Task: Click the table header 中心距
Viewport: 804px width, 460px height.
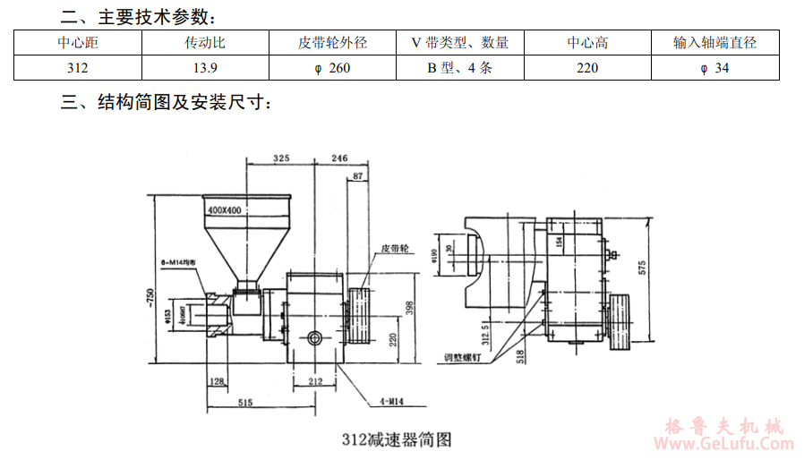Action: [x=78, y=42]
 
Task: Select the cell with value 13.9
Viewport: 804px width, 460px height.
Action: [x=205, y=67]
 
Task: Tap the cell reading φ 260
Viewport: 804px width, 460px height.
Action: [x=332, y=67]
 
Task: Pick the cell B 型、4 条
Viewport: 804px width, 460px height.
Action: [x=459, y=67]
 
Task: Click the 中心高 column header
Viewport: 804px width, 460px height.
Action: [x=587, y=42]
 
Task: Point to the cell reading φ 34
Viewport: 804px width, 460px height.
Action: [x=714, y=67]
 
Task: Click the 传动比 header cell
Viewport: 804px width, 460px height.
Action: [x=205, y=42]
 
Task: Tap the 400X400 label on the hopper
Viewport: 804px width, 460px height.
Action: [x=224, y=209]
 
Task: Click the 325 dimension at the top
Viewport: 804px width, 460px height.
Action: [x=281, y=158]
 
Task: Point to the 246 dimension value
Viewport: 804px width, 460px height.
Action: [x=339, y=158]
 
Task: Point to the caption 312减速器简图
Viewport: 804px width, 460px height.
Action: [x=396, y=439]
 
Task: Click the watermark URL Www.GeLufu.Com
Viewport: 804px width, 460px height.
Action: [x=725, y=444]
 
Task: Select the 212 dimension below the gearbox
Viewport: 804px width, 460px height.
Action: [x=313, y=381]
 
